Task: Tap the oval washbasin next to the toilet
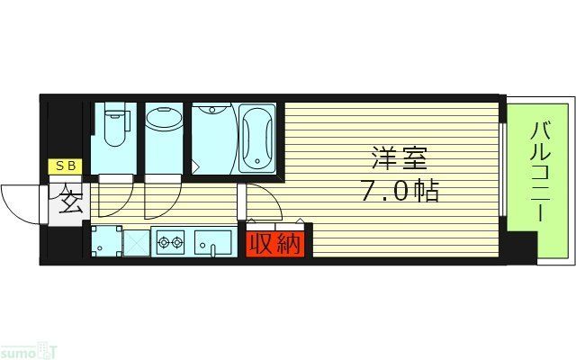pyautogui.click(x=163, y=121)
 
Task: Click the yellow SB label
pyautogui.click(x=66, y=166)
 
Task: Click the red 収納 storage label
pyautogui.click(x=275, y=243)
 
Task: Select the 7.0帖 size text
pyautogui.click(x=395, y=192)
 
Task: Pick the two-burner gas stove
pyautogui.click(x=171, y=241)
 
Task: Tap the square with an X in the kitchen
pyautogui.click(x=136, y=241)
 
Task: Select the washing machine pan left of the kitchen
pyautogui.click(x=105, y=241)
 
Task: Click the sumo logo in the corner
pyautogui.click(x=25, y=348)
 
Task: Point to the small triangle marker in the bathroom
pyautogui.click(x=194, y=166)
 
